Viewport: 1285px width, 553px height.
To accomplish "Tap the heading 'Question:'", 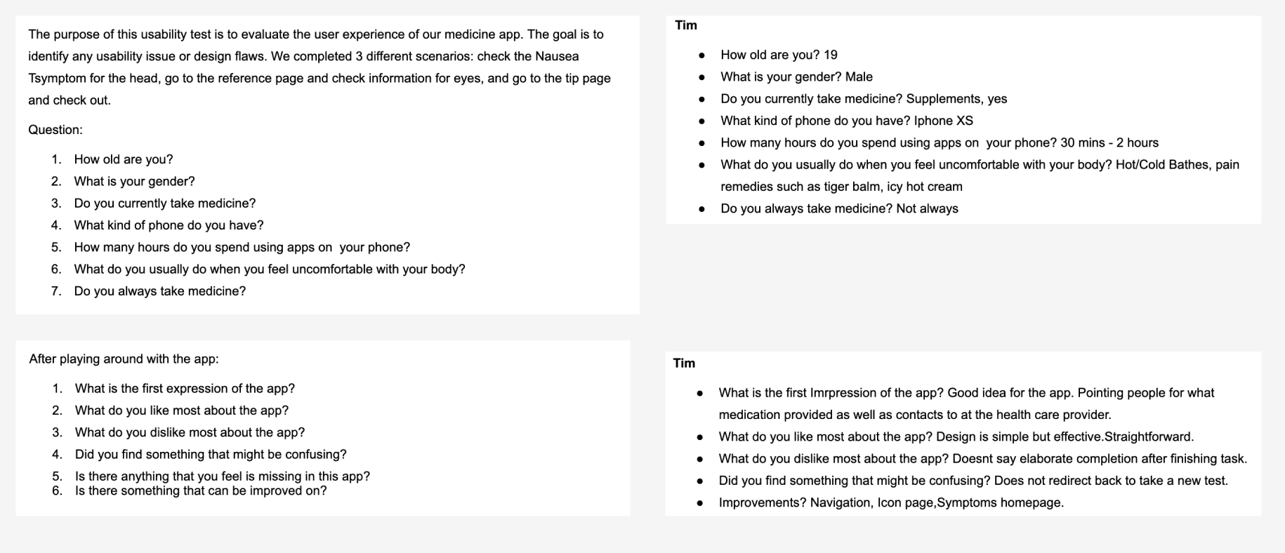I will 55,130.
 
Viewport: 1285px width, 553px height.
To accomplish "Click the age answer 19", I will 831,55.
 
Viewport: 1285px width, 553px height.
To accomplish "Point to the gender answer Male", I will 859,77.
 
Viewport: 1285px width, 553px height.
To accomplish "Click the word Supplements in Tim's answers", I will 944,99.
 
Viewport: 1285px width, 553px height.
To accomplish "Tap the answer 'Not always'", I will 927,208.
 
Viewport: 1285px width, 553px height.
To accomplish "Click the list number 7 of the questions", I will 56,291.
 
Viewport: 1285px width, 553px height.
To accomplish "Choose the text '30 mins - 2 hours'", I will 1109,143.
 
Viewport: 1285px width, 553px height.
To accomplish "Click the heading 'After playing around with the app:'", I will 124,359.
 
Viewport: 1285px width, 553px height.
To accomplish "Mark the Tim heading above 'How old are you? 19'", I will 686,25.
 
